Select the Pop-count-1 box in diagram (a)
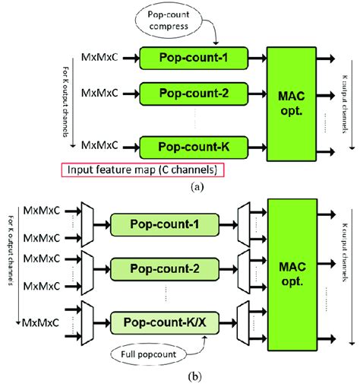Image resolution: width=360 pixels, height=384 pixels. coord(197,57)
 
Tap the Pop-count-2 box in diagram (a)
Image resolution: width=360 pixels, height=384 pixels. coord(197,94)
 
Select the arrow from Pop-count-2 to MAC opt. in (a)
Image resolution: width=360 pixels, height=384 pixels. coord(251,94)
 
